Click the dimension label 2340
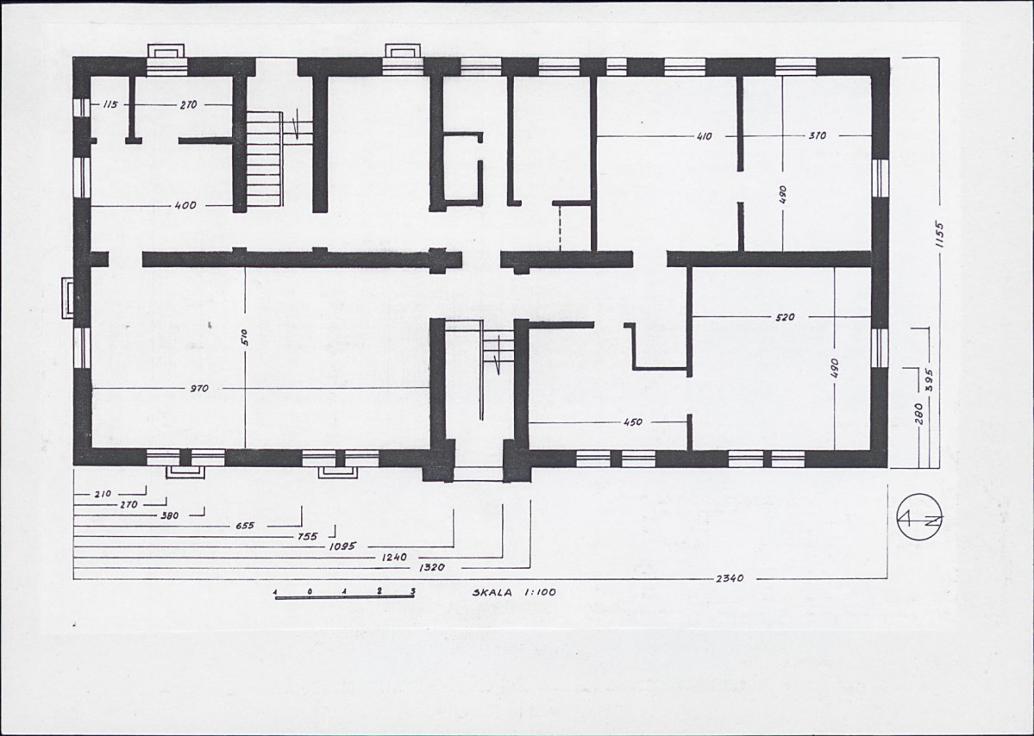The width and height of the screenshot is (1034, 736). (x=729, y=578)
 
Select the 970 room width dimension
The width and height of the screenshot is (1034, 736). (x=199, y=388)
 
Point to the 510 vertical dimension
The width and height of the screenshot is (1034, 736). (x=245, y=338)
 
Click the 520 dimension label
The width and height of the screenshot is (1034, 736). (x=786, y=317)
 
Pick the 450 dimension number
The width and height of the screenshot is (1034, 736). (x=632, y=422)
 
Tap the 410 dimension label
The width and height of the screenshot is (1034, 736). (x=705, y=136)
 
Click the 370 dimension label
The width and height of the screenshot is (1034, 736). (x=817, y=135)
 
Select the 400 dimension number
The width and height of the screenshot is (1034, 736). (x=185, y=206)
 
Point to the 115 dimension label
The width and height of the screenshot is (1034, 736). (x=110, y=104)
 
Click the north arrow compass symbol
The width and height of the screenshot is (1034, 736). (x=920, y=517)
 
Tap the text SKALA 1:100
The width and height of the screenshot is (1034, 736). (x=514, y=592)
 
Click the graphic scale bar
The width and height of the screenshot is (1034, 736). (x=344, y=596)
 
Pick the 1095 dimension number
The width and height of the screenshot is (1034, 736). (x=342, y=546)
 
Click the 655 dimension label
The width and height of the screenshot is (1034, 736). (x=245, y=526)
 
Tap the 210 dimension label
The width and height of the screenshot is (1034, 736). (x=103, y=494)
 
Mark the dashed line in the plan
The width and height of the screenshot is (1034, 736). (x=560, y=228)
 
